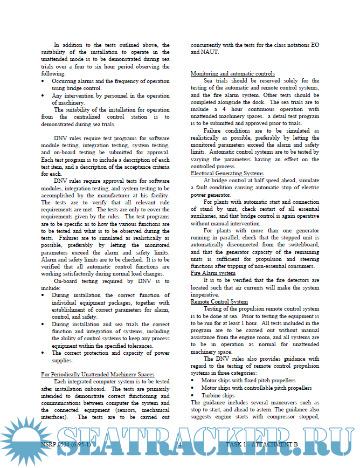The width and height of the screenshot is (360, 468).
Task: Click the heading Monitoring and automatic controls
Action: coord(233,73)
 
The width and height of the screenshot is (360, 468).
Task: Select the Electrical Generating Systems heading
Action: coord(227,173)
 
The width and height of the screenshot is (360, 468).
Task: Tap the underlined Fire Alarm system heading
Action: coord(213,273)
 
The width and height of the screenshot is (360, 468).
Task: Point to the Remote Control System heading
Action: coord(219,302)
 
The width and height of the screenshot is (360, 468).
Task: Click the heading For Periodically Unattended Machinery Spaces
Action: coord(98,374)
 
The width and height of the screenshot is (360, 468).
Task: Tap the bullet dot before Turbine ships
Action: coord(194,395)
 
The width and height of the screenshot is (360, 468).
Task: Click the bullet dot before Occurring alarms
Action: coord(44,81)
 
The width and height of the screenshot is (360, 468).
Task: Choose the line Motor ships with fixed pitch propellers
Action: coord(248,380)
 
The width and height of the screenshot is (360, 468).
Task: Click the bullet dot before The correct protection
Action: coord(44,353)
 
